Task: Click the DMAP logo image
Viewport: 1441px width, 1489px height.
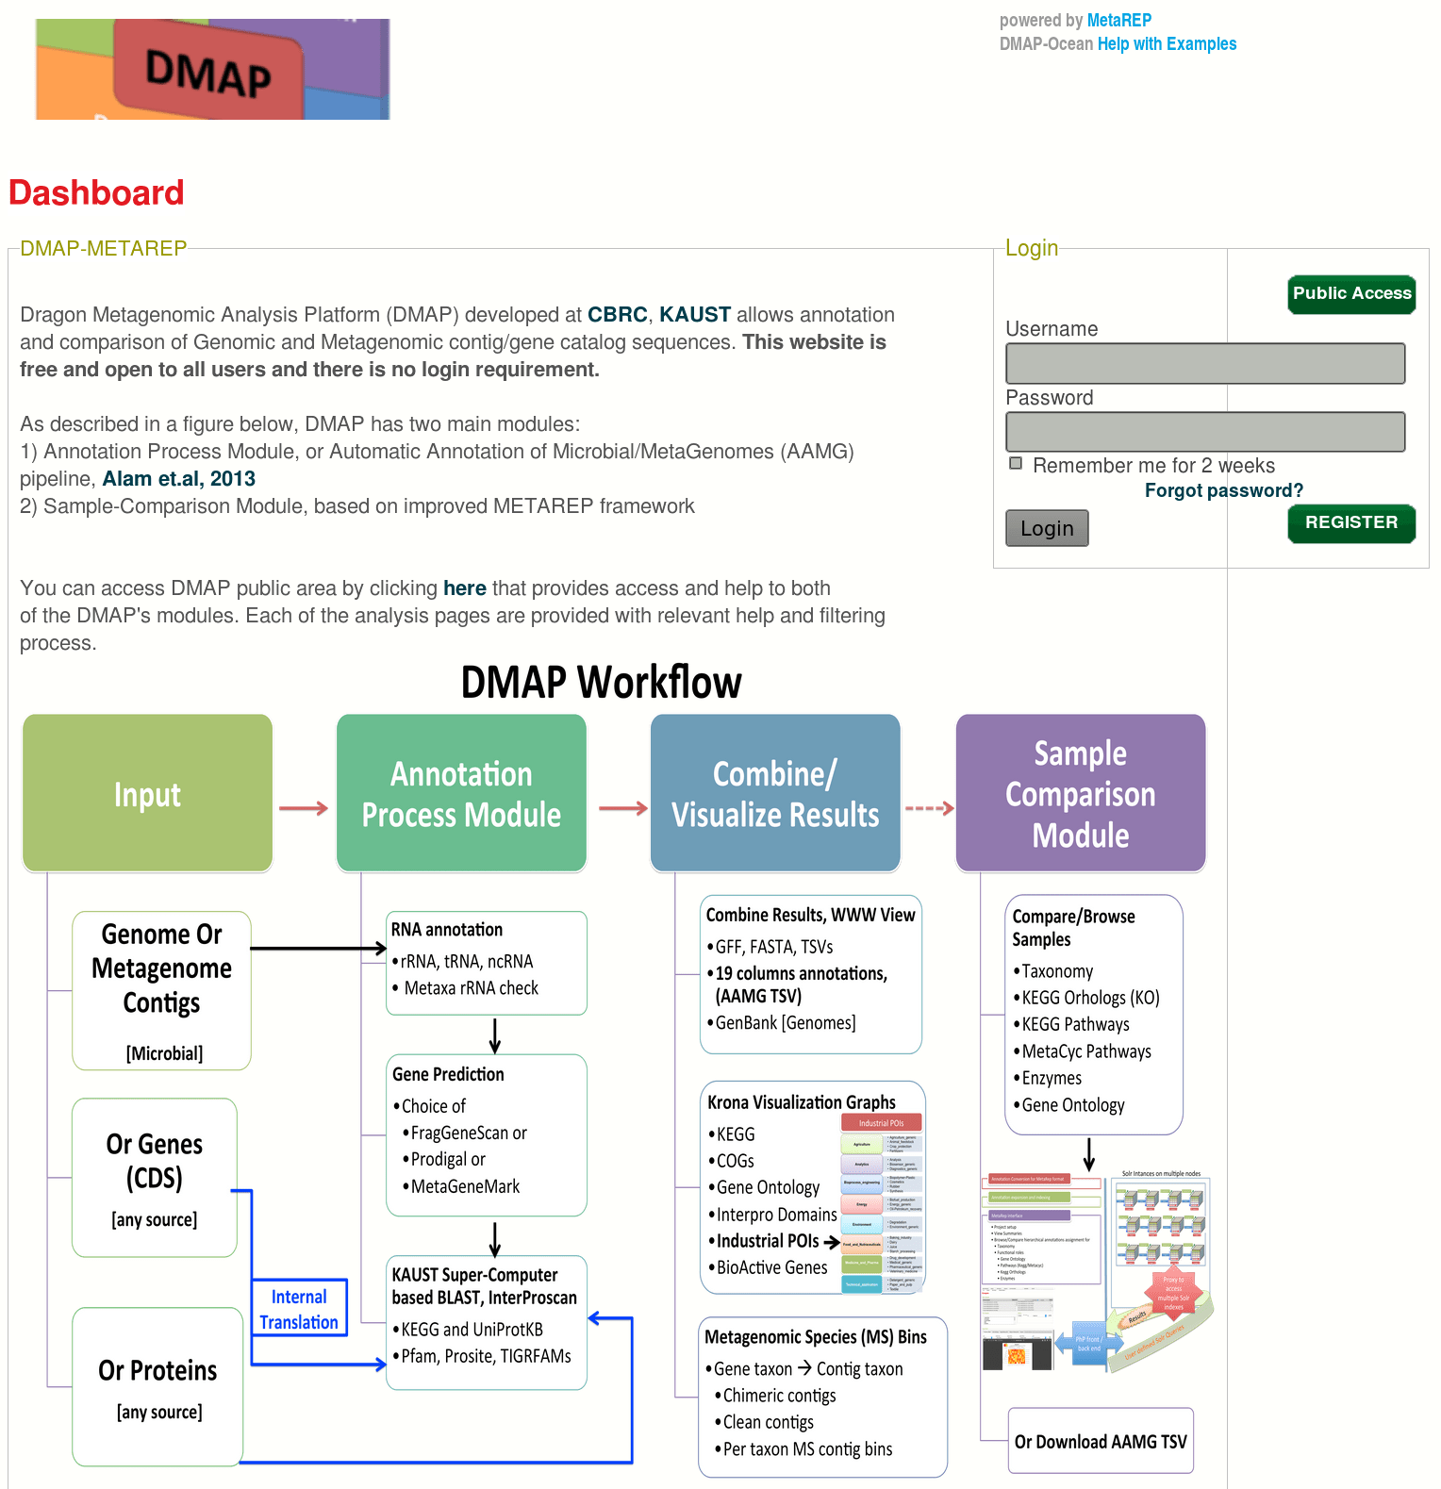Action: click(x=212, y=69)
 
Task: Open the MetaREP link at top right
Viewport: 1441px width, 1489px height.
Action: click(x=1118, y=20)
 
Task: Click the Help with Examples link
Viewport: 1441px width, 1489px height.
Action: click(x=1167, y=43)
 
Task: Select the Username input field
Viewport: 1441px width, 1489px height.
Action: click(x=1204, y=363)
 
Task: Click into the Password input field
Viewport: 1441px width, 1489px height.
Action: click(x=1204, y=432)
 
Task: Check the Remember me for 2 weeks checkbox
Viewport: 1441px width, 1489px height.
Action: click(x=1016, y=463)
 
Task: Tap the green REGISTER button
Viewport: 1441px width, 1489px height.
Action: click(x=1350, y=522)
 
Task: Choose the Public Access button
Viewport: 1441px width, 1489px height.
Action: click(x=1350, y=294)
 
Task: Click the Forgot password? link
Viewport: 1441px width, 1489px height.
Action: click(x=1223, y=490)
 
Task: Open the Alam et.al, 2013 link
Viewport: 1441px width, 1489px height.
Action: click(x=178, y=479)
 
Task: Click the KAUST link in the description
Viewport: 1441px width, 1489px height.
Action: click(x=694, y=315)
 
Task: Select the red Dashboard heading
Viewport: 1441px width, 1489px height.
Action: click(x=96, y=193)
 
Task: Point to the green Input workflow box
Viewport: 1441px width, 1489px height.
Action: click(x=147, y=793)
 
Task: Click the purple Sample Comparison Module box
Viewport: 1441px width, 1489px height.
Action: click(x=1080, y=793)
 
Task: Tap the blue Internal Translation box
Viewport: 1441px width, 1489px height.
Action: click(x=299, y=1309)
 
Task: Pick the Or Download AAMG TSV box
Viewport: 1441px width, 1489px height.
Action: click(x=1100, y=1441)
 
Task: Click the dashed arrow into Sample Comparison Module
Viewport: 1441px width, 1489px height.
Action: click(x=929, y=808)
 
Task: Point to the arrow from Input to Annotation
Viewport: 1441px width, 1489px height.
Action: click(x=304, y=808)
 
